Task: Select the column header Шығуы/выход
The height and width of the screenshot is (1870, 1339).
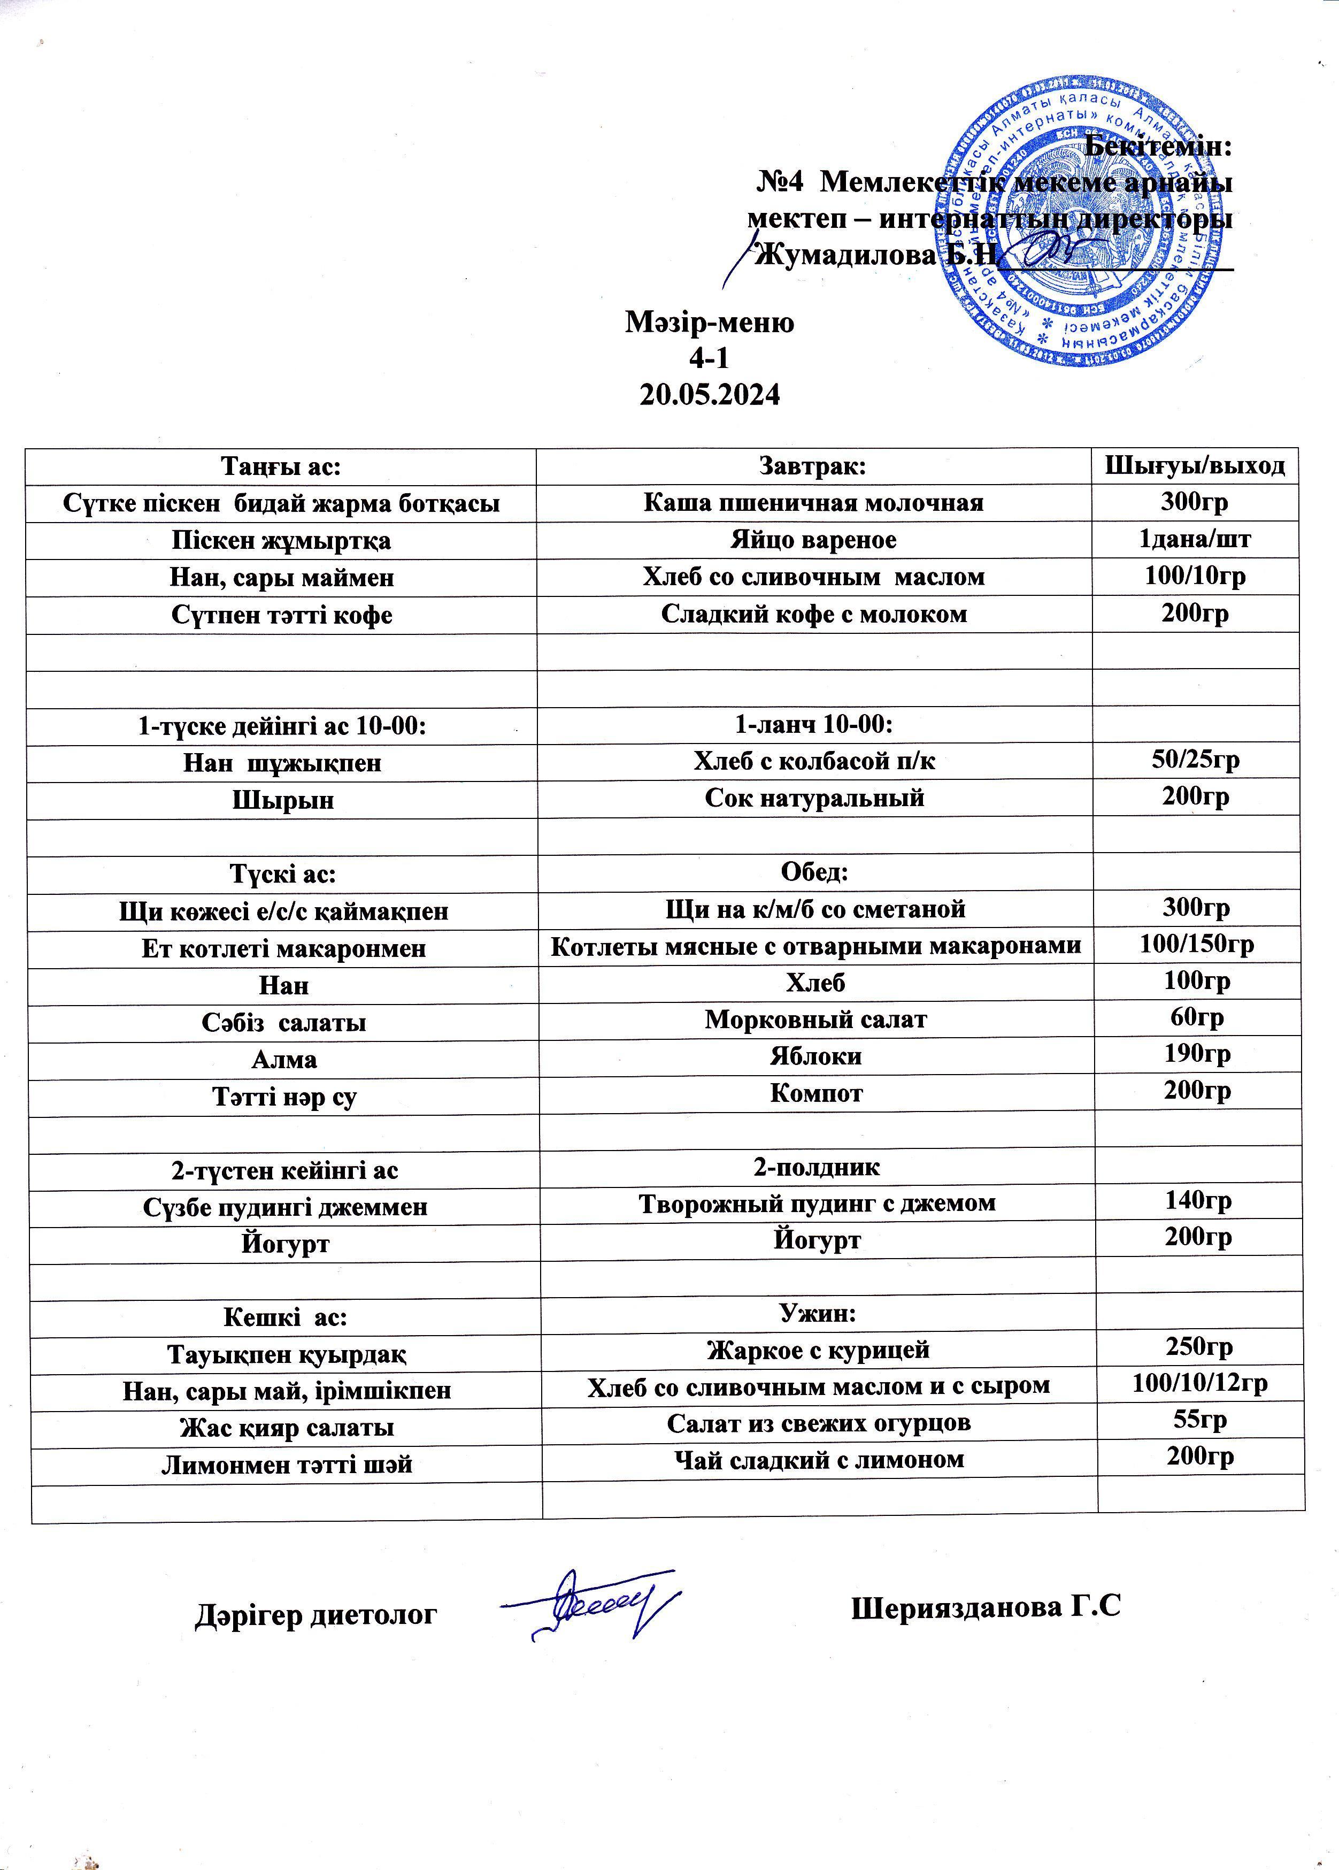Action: point(1195,466)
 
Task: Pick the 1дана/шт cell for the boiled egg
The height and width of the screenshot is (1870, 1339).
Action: point(1195,540)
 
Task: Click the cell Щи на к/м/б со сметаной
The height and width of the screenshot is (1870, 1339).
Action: point(814,909)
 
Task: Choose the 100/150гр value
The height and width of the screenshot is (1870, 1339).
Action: point(1196,945)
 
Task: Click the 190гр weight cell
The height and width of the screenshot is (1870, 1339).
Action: point(1197,1055)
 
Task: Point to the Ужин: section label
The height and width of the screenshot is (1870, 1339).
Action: point(817,1314)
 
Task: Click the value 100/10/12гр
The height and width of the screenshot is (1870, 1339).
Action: point(1199,1384)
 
